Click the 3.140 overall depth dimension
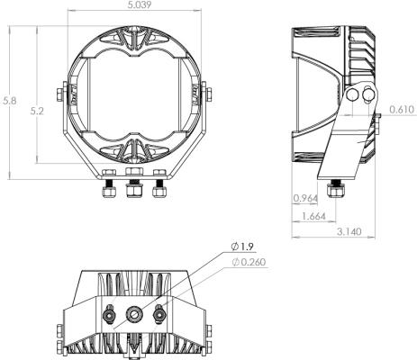pos(349,231)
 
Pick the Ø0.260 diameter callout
pos(248,262)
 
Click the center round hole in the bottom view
pos(135,315)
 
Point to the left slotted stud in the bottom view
pos(109,315)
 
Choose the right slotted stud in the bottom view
pos(160,315)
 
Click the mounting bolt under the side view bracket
pos(338,190)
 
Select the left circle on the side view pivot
pos(352,94)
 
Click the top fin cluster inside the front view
pos(135,38)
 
